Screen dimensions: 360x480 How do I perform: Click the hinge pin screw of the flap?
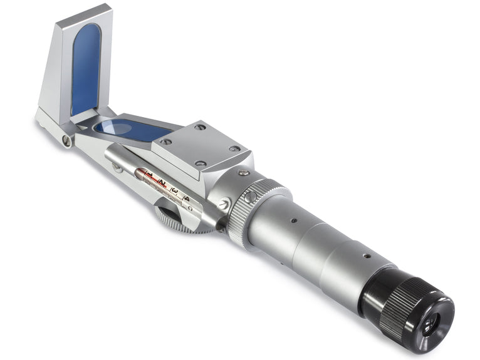click(x=66, y=141)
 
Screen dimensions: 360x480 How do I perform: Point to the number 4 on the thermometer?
click(x=186, y=198)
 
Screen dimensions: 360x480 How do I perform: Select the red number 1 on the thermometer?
click(x=149, y=175)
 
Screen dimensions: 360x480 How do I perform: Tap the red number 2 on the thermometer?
click(x=161, y=183)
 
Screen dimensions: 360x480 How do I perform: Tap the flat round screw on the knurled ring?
click(x=250, y=197)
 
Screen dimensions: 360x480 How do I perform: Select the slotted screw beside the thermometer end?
click(x=224, y=203)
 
